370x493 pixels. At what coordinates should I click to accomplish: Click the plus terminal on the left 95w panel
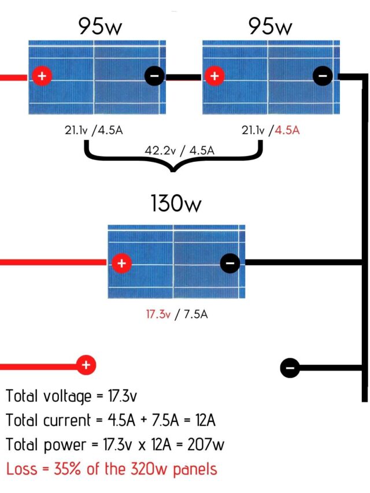point(41,76)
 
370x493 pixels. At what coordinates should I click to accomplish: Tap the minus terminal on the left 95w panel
point(154,76)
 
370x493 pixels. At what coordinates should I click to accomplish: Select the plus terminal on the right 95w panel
point(214,76)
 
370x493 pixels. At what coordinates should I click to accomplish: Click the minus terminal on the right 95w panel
point(323,76)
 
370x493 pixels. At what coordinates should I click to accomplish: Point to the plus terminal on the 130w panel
point(121,264)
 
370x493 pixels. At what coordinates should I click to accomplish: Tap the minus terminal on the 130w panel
point(230,264)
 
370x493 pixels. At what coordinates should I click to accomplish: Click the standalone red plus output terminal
point(86,365)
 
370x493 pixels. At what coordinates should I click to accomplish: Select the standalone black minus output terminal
point(290,368)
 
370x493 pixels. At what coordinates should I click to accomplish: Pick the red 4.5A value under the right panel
point(287,131)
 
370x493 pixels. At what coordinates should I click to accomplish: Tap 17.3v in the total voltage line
point(123,396)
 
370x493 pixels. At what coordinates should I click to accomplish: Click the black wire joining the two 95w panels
point(183,76)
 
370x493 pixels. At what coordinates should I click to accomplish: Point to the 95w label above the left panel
point(99,27)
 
